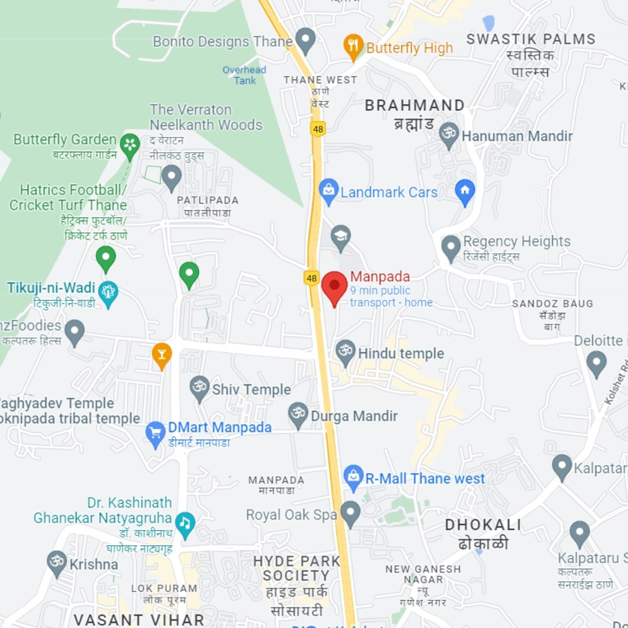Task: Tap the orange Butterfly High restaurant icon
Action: point(353,46)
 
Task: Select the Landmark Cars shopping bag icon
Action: point(328,190)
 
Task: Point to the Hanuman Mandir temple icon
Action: point(448,133)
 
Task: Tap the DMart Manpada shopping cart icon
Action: point(155,433)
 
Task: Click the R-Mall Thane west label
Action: point(424,478)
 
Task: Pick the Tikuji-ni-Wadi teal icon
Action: point(108,293)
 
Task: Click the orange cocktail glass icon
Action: point(162,355)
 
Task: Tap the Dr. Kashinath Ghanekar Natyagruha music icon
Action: point(185,523)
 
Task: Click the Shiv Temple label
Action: point(251,389)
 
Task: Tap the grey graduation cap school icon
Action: point(340,237)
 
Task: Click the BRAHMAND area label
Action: point(414,105)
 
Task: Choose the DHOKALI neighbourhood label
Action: point(483,525)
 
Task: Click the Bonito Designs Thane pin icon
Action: point(305,39)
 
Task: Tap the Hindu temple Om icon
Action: point(345,350)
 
